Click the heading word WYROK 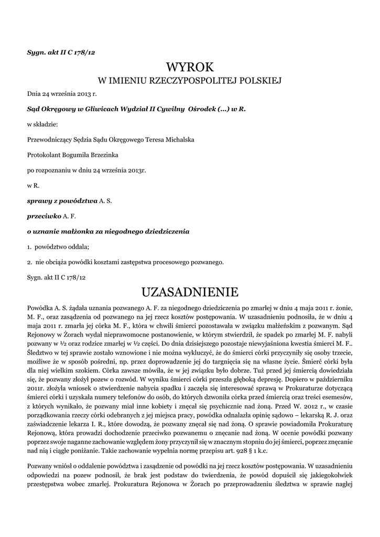[190, 68]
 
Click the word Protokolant [44, 155]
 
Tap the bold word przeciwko [44, 216]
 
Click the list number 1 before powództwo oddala [28, 246]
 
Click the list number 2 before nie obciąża [28, 261]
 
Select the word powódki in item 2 [88, 261]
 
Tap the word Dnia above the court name [34, 94]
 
